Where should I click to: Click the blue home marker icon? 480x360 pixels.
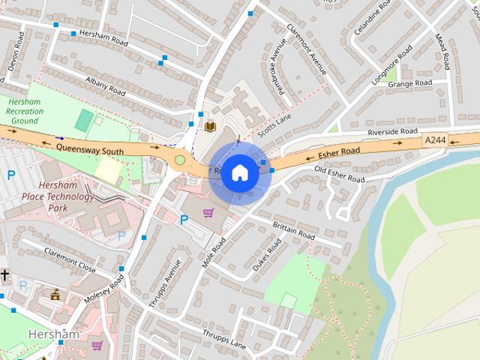pyautogui.click(x=239, y=172)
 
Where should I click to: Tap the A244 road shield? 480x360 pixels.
pyautogui.click(x=434, y=140)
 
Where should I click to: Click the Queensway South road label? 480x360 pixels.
pyautogui.click(x=90, y=148)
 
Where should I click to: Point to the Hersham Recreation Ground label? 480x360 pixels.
pyautogui.click(x=25, y=111)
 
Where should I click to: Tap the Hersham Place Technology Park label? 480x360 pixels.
pyautogui.click(x=67, y=196)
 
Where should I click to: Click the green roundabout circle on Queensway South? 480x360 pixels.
pyautogui.click(x=179, y=159)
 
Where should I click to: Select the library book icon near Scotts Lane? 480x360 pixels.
pyautogui.click(x=211, y=125)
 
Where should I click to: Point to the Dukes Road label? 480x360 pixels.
pyautogui.click(x=267, y=255)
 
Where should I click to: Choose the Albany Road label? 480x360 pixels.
pyautogui.click(x=105, y=85)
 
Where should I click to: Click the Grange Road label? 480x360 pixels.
pyautogui.click(x=410, y=83)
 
